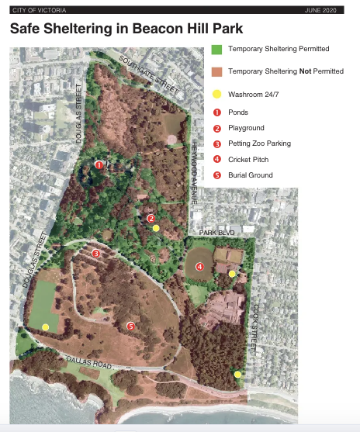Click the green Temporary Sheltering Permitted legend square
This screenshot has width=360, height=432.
(x=217, y=49)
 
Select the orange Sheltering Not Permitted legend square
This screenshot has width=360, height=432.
(x=217, y=71)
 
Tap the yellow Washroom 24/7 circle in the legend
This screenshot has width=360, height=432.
(x=217, y=95)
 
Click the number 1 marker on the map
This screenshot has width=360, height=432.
(x=99, y=164)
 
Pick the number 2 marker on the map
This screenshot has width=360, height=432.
(x=151, y=219)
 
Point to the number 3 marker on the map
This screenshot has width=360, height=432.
(x=96, y=254)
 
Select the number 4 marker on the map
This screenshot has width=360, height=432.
(x=199, y=268)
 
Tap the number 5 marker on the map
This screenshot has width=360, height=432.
(x=131, y=327)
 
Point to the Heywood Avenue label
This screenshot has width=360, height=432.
(x=195, y=167)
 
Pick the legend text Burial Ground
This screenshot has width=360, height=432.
(x=251, y=175)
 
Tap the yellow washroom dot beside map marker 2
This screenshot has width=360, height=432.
(x=156, y=228)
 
